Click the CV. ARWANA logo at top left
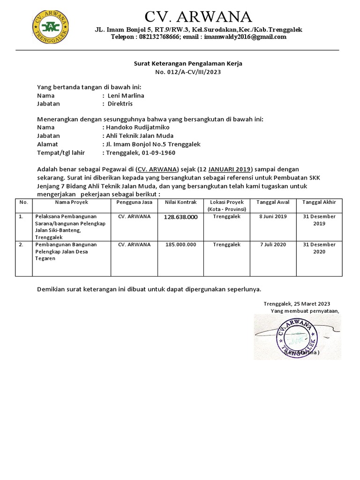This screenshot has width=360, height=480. (49, 26)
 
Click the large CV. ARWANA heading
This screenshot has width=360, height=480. (198, 17)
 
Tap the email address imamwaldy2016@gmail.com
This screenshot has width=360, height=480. (245, 37)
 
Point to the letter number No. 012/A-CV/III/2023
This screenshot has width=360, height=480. (187, 72)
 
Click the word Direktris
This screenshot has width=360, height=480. (120, 104)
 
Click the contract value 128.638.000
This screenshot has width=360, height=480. (180, 217)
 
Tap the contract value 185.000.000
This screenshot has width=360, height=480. (180, 245)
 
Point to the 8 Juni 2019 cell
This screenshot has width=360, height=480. (273, 217)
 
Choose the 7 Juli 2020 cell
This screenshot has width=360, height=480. (273, 245)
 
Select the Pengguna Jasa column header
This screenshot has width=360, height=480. (134, 202)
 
